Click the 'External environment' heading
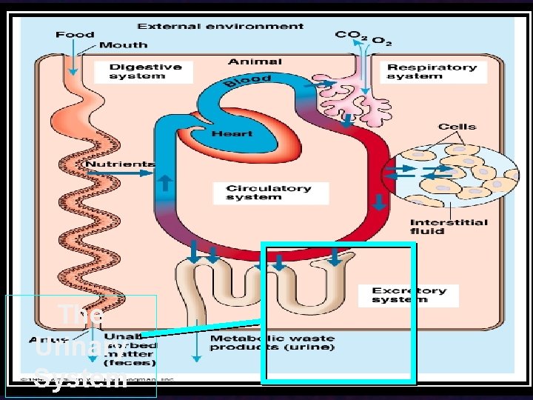[221, 26]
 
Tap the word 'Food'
[75, 34]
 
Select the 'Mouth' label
[123, 45]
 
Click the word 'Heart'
[232, 133]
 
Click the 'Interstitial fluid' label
[449, 226]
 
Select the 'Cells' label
[457, 127]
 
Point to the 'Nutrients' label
[120, 164]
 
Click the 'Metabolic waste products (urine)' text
[272, 342]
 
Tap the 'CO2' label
[349, 35]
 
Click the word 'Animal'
[255, 61]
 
